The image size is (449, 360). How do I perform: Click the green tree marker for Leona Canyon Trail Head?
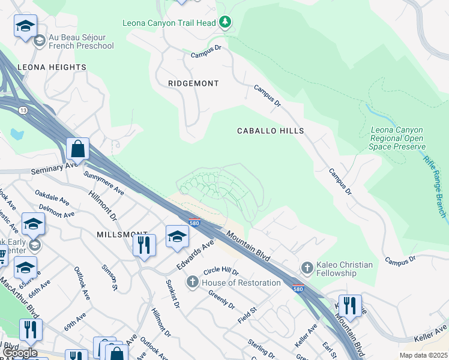point(225,23)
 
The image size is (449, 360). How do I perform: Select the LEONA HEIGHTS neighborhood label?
point(52,67)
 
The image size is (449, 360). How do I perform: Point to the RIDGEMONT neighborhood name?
point(193,83)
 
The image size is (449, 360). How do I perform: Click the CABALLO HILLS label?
point(270,130)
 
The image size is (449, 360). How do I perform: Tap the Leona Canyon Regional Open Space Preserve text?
point(397,138)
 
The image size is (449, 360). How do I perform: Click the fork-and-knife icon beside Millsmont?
point(144,244)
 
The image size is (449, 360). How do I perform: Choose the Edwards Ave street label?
point(195,256)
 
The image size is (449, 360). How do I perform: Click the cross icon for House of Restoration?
point(193,282)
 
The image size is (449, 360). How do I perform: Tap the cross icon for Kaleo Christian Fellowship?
point(307,267)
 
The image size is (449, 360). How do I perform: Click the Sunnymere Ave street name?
point(104,184)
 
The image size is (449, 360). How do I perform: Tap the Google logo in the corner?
point(20,353)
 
